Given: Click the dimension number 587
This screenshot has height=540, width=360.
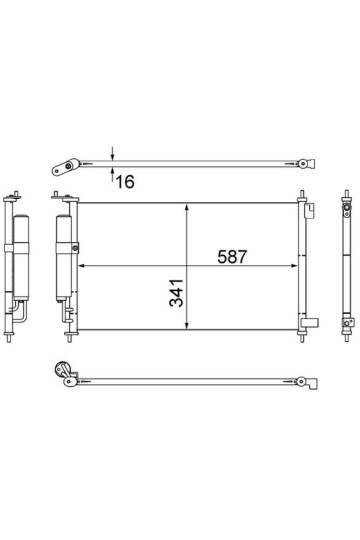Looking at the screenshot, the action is point(232,257).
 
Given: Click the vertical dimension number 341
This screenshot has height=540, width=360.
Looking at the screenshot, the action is point(176,293).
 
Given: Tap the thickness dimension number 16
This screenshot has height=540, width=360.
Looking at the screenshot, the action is point(125,182).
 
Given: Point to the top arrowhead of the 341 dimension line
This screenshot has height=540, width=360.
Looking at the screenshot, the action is point(187,207).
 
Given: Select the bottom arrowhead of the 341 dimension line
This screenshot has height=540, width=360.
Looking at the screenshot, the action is point(187,325).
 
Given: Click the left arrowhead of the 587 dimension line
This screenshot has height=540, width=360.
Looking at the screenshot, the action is point(82,266).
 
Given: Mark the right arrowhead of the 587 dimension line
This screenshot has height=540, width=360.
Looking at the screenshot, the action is point(294,266).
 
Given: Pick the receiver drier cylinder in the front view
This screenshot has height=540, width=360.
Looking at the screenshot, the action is point(64,258).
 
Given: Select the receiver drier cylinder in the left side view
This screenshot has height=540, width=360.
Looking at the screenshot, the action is point(21,257).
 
